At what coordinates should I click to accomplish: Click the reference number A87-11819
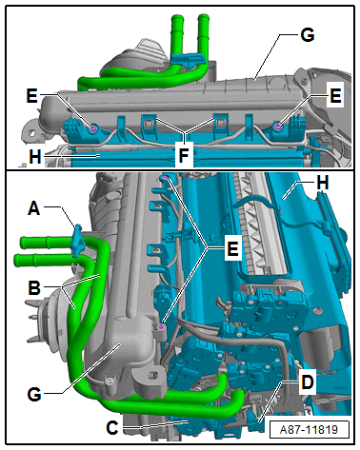[309, 430]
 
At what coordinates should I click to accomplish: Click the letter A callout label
[34, 209]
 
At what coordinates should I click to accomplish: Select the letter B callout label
[34, 288]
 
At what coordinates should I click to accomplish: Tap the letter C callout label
[112, 428]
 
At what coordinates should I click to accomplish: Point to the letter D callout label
[307, 382]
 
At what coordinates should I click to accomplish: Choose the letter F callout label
[184, 155]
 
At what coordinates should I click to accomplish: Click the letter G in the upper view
[308, 34]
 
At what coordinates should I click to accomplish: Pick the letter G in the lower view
[34, 395]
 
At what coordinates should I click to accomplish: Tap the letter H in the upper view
[35, 157]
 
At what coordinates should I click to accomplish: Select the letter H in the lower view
[323, 183]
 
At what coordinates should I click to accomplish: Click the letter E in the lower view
[232, 248]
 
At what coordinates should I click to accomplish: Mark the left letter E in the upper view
[31, 96]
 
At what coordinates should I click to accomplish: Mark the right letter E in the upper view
[335, 96]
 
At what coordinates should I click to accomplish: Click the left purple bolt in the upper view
[93, 128]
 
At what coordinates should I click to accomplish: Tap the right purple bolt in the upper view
[278, 127]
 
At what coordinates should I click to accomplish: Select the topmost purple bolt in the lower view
[165, 178]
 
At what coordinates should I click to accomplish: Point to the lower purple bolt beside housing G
[162, 326]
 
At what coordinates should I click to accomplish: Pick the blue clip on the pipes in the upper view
[188, 59]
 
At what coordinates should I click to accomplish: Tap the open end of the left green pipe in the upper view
[175, 16]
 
